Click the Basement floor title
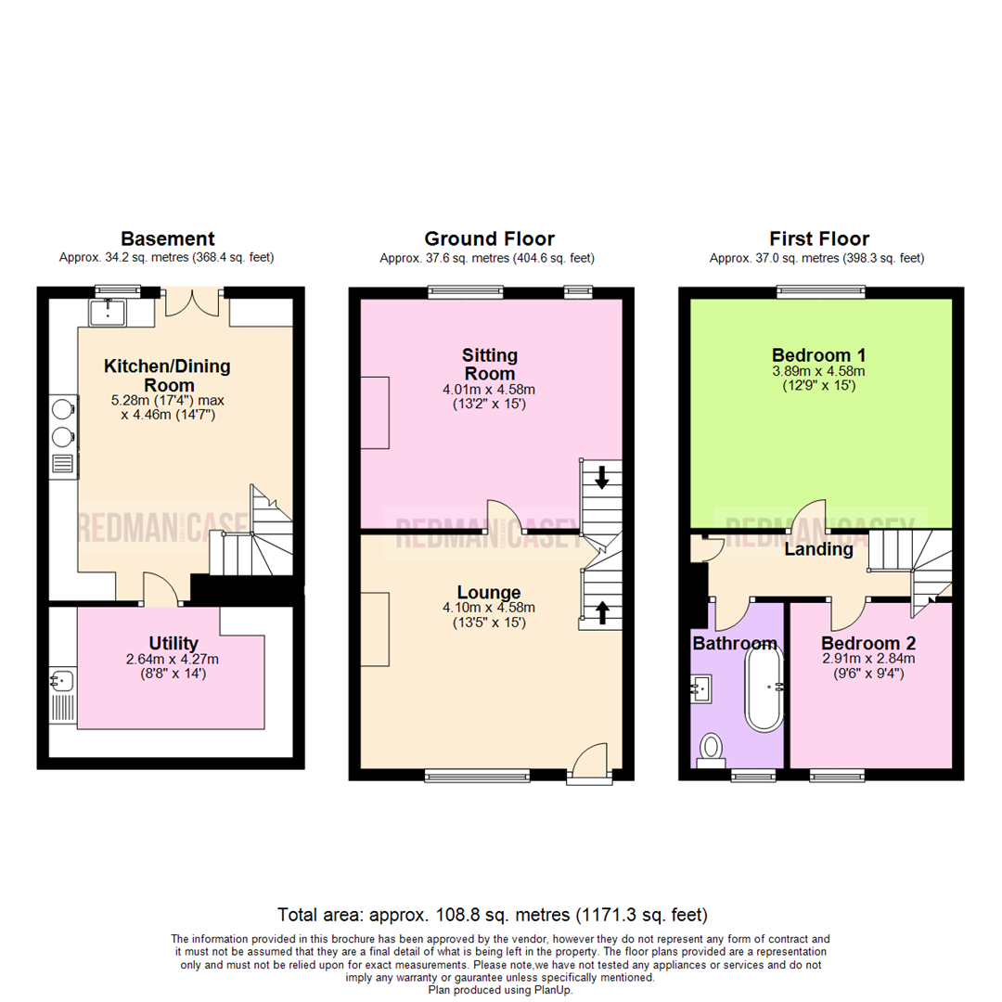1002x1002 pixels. [x=169, y=239]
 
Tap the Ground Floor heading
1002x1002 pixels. [x=489, y=239]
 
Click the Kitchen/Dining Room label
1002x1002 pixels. [x=167, y=376]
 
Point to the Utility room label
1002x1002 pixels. [x=173, y=643]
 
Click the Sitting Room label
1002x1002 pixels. [x=489, y=364]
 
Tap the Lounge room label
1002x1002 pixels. [x=489, y=593]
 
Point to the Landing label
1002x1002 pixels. [x=818, y=549]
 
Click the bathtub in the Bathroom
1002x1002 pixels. [x=765, y=688]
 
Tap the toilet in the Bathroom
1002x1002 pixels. [x=713, y=747]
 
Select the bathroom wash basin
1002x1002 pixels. [x=701, y=688]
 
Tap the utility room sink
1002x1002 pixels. [x=61, y=682]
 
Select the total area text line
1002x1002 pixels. [x=493, y=913]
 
